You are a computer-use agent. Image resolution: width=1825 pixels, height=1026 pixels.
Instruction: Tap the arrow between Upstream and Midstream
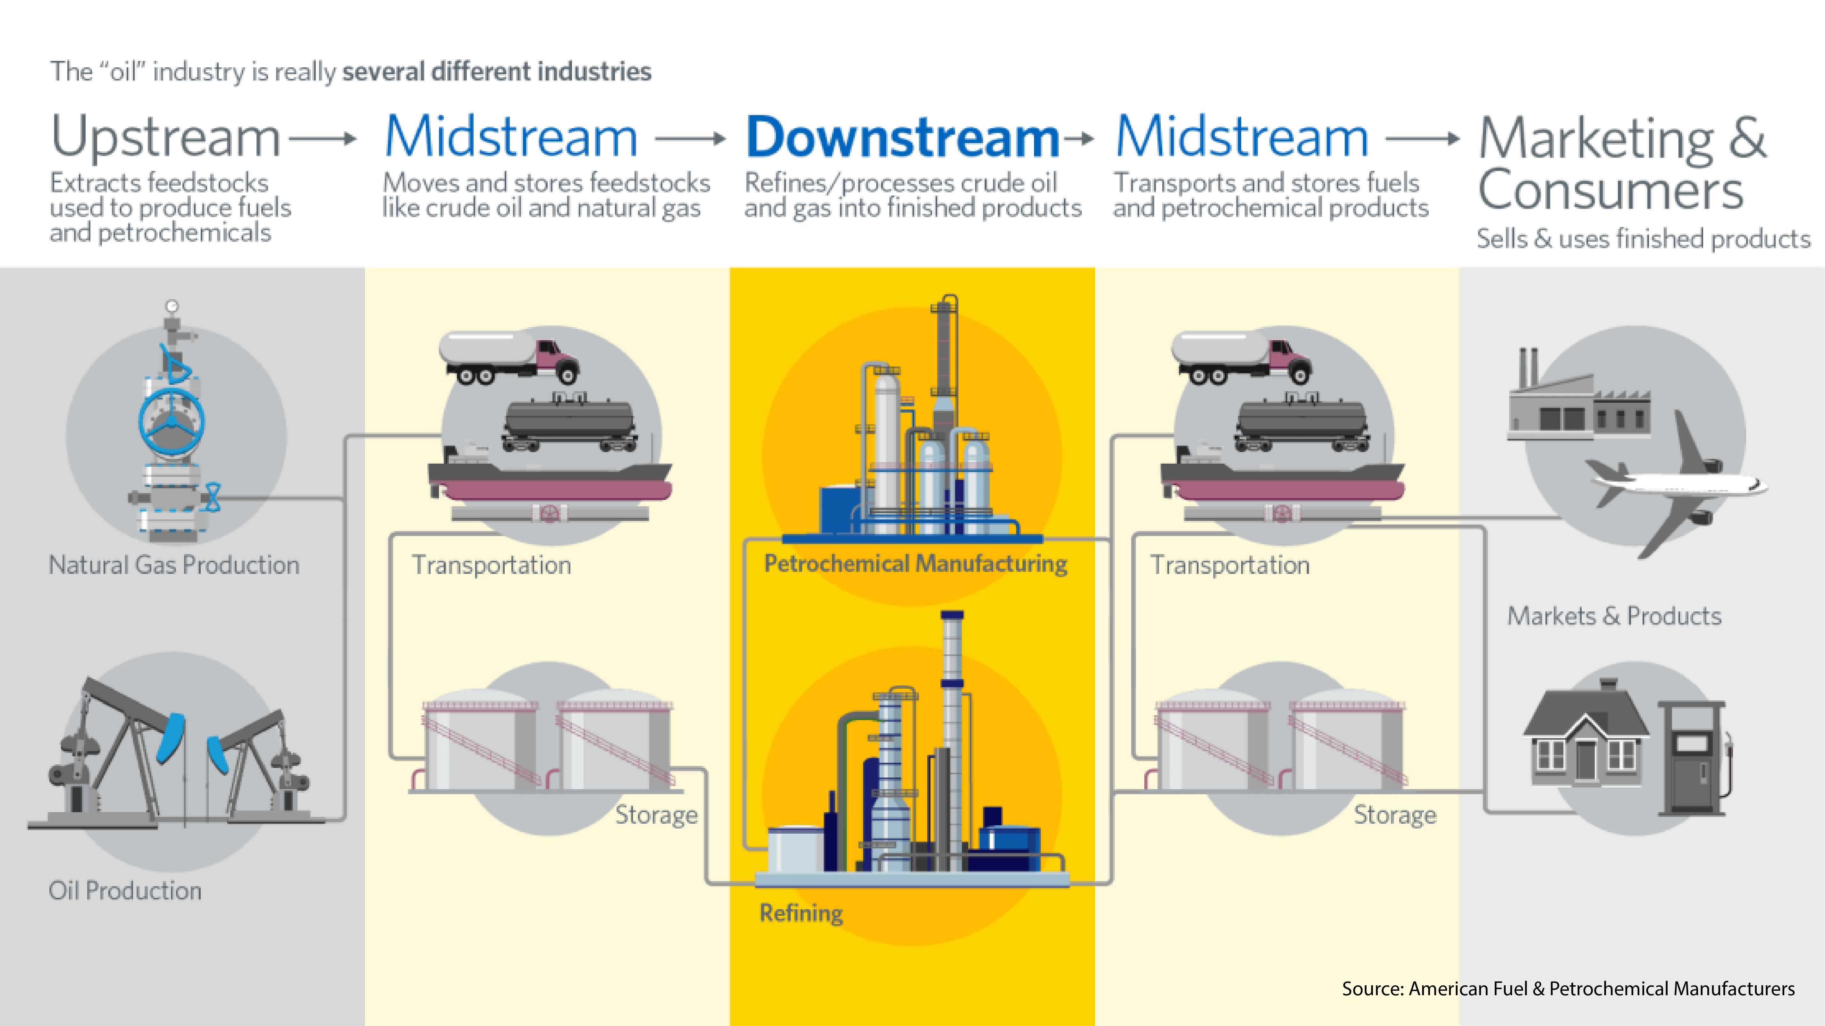pos(322,139)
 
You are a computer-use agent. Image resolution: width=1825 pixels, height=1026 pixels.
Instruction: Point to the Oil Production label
pos(125,891)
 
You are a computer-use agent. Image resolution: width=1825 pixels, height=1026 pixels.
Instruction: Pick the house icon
pos(1585,737)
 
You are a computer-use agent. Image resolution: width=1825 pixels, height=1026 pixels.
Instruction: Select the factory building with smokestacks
pos(1578,404)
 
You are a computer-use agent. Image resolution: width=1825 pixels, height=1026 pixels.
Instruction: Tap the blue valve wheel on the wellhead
pos(172,422)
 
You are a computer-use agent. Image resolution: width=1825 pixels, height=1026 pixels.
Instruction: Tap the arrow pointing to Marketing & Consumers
pos(1423,139)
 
